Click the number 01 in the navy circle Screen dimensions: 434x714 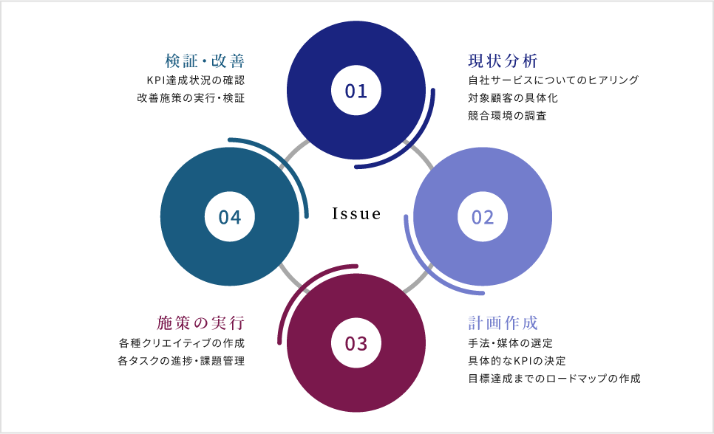point(356,91)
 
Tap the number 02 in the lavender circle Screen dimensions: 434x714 point(483,217)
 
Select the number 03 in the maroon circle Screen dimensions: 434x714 point(356,343)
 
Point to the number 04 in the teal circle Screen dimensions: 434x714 point(230,217)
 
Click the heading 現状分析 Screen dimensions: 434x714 point(503,61)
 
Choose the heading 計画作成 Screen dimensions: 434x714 point(503,323)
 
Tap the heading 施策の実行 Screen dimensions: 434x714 point(200,323)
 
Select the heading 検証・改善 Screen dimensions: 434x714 point(205,61)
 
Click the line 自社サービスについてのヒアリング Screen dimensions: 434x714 point(553,80)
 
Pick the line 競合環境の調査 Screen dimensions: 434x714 point(507,116)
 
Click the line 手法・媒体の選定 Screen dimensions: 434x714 point(510,343)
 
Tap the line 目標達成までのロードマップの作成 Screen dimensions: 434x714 point(554,379)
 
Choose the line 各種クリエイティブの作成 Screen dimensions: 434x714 point(181,343)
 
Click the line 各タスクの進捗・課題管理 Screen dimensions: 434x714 point(181,361)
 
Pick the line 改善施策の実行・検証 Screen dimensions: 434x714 point(191,97)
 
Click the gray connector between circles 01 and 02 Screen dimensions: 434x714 point(423,154)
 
